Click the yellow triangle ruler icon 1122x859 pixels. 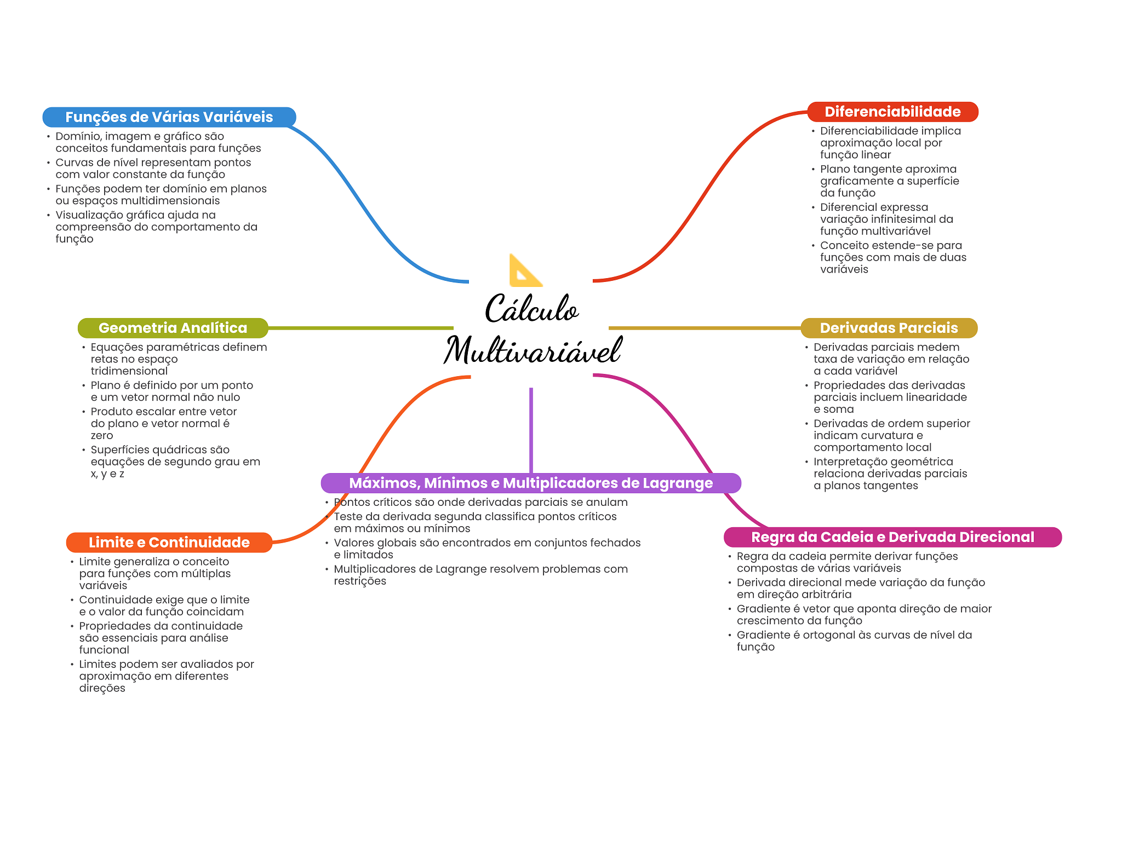525,272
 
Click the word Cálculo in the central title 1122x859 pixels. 531,308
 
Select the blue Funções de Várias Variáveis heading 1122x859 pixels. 169,117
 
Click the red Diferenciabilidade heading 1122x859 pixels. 892,112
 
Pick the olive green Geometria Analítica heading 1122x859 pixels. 173,328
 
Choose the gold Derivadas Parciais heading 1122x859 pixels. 889,328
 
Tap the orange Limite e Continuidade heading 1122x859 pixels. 169,543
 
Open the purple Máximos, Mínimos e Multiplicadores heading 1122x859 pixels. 531,483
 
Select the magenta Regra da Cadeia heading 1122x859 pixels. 892,537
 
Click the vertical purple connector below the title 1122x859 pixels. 531,430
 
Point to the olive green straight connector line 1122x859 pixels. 361,328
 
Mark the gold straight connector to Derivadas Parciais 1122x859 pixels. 705,328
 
